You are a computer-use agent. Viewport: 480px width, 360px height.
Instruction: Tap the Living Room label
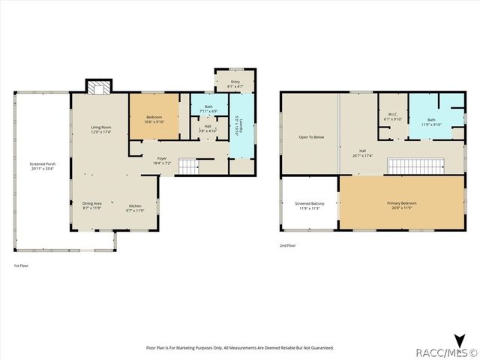pyautogui.click(x=101, y=130)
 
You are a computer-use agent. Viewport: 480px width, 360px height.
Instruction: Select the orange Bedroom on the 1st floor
pyautogui.click(x=154, y=117)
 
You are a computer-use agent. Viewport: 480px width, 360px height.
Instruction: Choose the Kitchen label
pyautogui.click(x=135, y=208)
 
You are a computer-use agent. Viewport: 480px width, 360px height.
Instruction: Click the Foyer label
pyautogui.click(x=162, y=160)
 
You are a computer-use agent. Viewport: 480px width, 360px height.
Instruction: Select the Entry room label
pyautogui.click(x=235, y=85)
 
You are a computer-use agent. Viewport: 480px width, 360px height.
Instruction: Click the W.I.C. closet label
pyautogui.click(x=393, y=118)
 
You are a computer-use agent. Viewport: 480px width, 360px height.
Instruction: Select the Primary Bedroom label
pyautogui.click(x=401, y=205)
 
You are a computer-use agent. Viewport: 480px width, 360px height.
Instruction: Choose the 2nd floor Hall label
pyautogui.click(x=362, y=154)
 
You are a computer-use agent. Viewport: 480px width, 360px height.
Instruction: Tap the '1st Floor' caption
pyautogui.click(x=22, y=266)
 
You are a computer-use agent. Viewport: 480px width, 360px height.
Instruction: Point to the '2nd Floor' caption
pyautogui.click(x=288, y=245)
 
